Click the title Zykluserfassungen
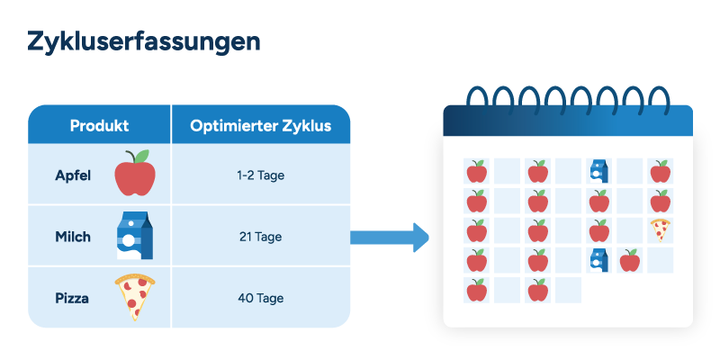coord(144,42)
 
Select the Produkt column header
coord(99,126)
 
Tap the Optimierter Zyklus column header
coord(260,126)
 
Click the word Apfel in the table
coord(73,175)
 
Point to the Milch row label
coord(73,237)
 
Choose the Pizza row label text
coord(72,298)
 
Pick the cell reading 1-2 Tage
coord(260,175)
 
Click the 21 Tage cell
coord(260,237)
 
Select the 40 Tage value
coord(260,298)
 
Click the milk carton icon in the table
coord(135,235)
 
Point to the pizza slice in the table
coord(134,297)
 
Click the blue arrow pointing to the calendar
coord(390,238)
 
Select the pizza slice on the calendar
coord(661,230)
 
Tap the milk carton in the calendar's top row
coord(599,171)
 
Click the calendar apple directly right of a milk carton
coord(629,260)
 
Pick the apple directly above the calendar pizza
coord(661,201)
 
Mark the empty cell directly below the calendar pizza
coord(661,260)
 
